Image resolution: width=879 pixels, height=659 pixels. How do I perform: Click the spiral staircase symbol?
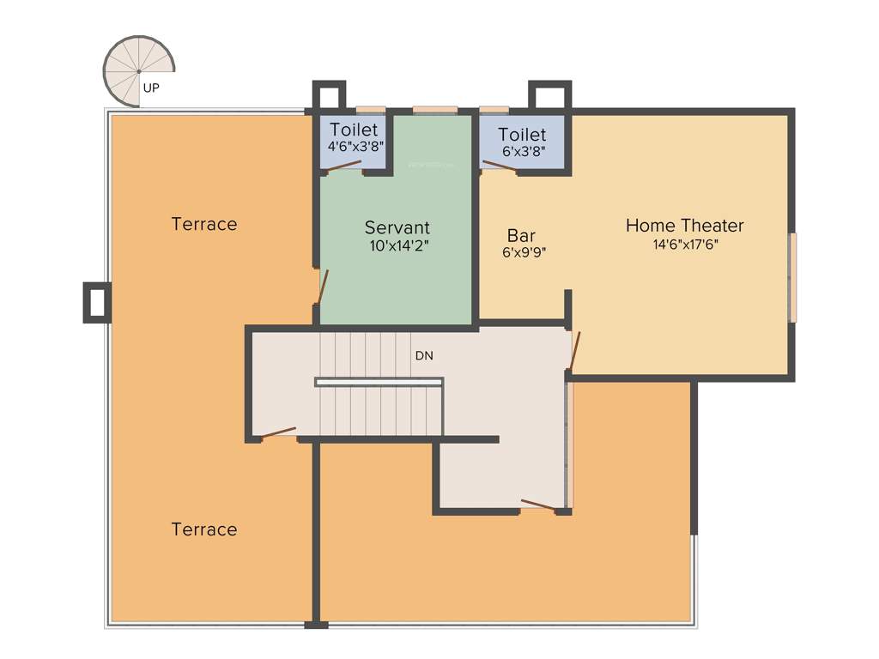(x=137, y=70)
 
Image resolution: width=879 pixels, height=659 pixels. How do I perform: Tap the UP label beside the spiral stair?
(x=151, y=88)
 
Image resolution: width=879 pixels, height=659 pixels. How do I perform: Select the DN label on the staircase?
(x=424, y=355)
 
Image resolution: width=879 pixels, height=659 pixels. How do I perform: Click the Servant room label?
(x=397, y=227)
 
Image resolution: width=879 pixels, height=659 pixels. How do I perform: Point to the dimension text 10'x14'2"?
(x=397, y=245)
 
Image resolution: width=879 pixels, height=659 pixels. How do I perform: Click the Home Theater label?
(x=684, y=226)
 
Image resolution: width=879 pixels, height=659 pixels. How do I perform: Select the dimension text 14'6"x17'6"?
(x=684, y=244)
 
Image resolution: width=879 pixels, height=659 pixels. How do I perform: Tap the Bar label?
(x=521, y=235)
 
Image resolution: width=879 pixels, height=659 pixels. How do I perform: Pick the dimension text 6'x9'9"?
(x=524, y=252)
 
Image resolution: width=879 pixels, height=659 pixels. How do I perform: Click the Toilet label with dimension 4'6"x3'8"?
(x=354, y=130)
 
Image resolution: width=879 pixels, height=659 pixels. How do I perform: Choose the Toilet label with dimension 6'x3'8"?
(x=522, y=135)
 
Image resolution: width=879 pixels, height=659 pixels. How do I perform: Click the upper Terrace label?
(x=203, y=224)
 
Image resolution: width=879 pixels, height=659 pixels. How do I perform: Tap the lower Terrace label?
(x=203, y=529)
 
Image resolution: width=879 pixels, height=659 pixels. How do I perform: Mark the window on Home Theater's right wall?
(x=792, y=277)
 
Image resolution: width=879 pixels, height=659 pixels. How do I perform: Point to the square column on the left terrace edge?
(x=97, y=302)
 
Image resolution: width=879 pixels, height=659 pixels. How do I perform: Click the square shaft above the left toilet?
(x=328, y=95)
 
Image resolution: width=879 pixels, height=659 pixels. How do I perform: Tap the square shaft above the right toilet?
(x=549, y=95)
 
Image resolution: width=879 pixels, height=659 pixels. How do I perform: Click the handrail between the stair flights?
(x=379, y=382)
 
